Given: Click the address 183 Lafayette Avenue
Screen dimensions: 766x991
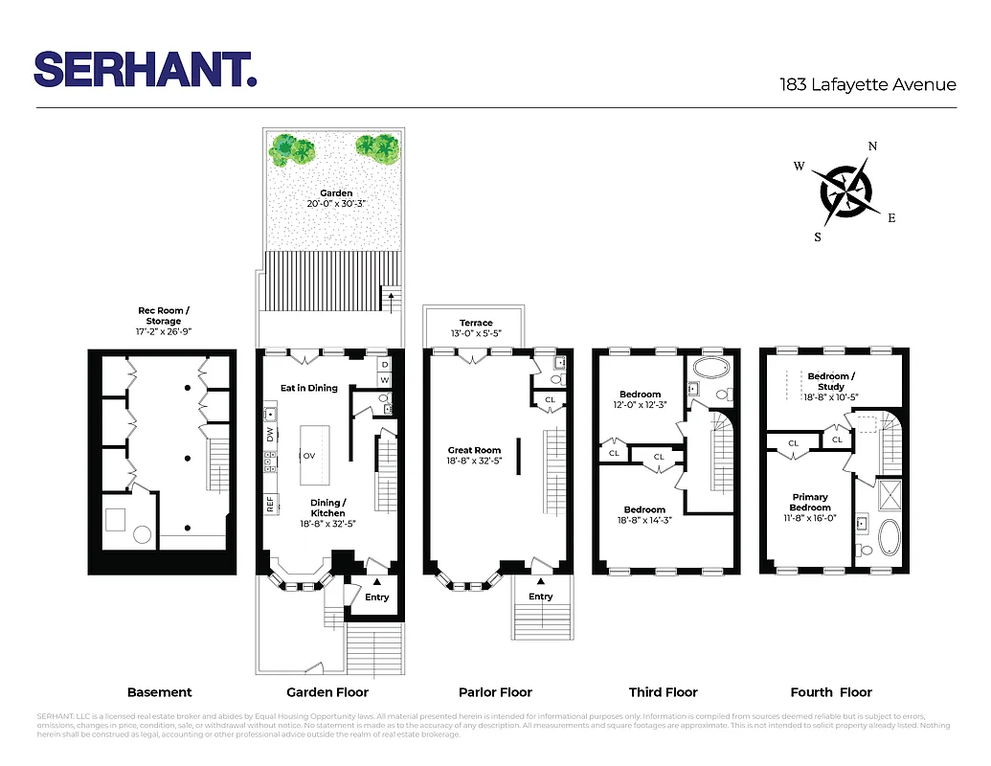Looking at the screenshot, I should coord(867,84).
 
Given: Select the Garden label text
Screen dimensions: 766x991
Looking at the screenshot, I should coord(336,193).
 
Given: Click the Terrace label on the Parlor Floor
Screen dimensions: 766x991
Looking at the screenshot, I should coord(475,324).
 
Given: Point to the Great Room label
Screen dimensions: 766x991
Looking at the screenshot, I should coord(474,450).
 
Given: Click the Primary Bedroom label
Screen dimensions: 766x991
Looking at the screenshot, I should coord(810,503).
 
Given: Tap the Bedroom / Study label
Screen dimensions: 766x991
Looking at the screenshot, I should coord(830,382).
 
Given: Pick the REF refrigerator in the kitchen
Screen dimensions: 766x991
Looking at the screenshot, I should coord(271,503).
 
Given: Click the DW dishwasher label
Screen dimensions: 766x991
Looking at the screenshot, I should coord(271,434).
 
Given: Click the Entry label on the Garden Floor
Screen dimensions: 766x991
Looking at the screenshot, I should coord(377,597).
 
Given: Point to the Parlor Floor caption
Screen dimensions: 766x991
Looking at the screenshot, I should coord(495,692).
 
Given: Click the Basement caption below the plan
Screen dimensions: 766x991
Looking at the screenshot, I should coord(160,692).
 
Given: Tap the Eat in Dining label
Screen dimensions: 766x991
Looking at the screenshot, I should coord(308,388).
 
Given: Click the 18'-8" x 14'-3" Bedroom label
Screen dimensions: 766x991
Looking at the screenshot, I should coord(644,515).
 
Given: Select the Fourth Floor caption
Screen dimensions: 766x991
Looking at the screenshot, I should coord(831,692).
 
